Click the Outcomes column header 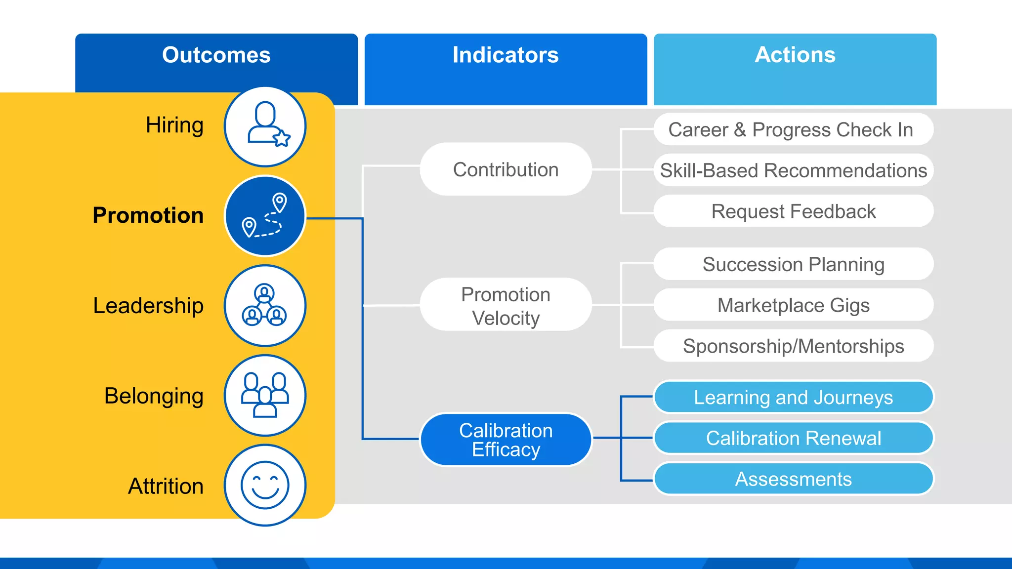[216, 55]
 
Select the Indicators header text [506, 55]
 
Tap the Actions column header [795, 55]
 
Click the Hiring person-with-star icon [265, 126]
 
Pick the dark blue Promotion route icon [265, 216]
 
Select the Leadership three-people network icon [265, 306]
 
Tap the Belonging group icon [265, 395]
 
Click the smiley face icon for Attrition [265, 485]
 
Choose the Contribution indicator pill [506, 169]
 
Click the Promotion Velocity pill [506, 306]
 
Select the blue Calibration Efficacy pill [506, 440]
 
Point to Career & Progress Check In [793, 130]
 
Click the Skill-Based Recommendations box [793, 170]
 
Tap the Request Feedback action [793, 211]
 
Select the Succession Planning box [793, 264]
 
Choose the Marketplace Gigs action [793, 305]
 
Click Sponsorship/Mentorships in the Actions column [793, 346]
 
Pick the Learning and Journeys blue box [793, 397]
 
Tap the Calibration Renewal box [793, 438]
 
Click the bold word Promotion [148, 215]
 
